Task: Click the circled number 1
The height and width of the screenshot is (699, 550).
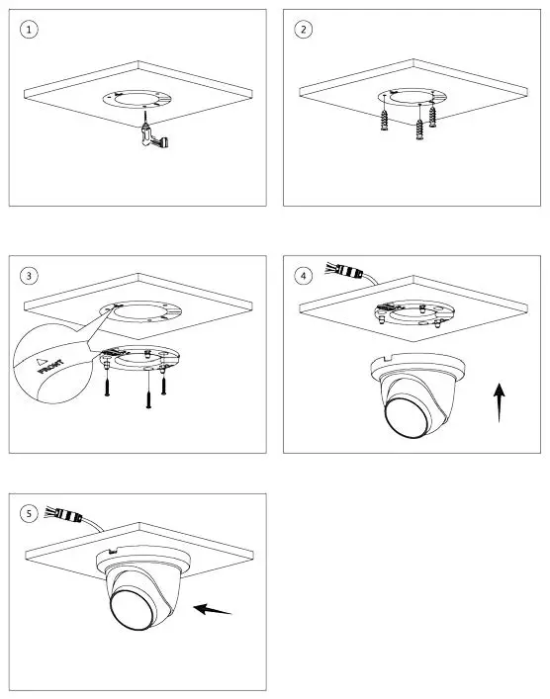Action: point(32,30)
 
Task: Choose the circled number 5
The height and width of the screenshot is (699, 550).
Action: point(32,513)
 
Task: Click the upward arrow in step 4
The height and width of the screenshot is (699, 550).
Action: point(501,403)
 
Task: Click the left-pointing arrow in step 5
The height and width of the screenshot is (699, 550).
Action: point(213,609)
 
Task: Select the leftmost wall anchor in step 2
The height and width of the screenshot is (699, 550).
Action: point(383,127)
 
